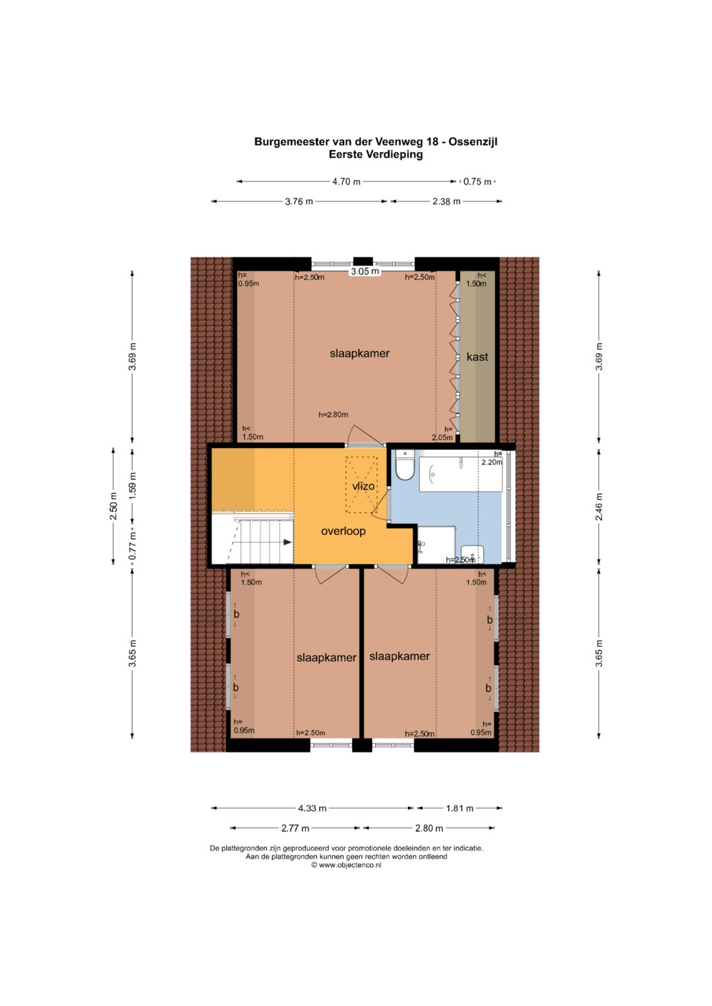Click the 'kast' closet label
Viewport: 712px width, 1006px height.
click(477, 357)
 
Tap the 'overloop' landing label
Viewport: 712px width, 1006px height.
click(343, 531)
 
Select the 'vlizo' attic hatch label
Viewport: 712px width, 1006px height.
click(363, 486)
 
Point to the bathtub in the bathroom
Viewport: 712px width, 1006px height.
click(461, 474)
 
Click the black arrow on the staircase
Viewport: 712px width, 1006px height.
click(287, 542)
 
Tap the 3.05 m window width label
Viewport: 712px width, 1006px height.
click(365, 271)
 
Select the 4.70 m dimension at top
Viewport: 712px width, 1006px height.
click(346, 182)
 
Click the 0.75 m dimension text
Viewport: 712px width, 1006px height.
click(477, 182)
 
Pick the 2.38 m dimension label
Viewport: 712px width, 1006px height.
click(446, 202)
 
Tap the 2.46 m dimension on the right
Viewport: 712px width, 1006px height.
click(599, 507)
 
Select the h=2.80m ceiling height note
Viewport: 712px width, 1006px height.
click(333, 415)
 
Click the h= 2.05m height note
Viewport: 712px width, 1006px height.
click(442, 433)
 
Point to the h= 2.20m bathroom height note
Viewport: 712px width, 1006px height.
click(492, 458)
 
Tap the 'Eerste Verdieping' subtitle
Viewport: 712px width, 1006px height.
click(376, 155)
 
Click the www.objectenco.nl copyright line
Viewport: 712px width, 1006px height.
click(346, 865)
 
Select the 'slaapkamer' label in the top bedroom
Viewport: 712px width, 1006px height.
click(359, 353)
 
